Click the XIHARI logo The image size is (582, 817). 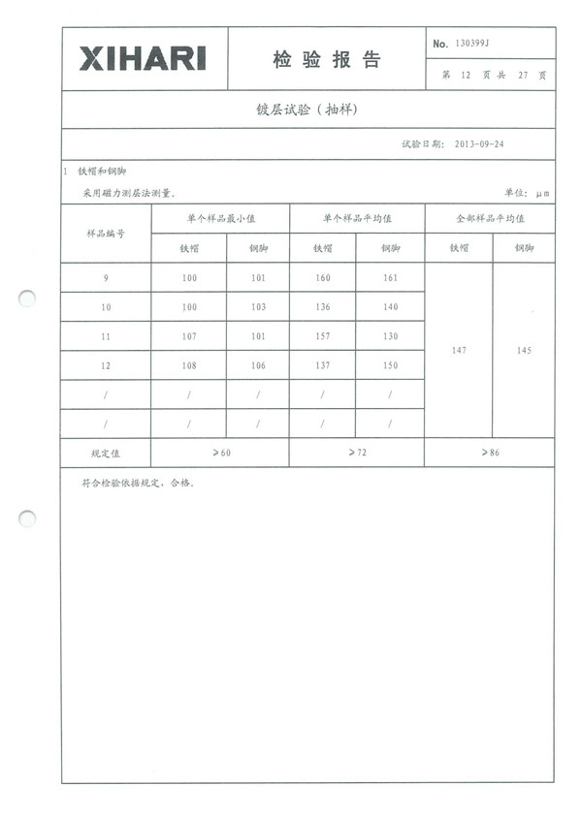point(143,59)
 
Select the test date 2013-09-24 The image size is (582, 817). point(479,143)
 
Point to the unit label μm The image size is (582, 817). point(542,194)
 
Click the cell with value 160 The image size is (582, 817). point(322,278)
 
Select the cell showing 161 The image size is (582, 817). point(390,278)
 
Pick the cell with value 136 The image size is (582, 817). point(322,307)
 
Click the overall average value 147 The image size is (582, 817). point(460,351)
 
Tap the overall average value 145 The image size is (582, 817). point(525,351)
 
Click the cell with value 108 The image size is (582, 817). point(189,365)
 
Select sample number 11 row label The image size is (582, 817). point(106,336)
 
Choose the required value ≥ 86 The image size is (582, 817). point(490,453)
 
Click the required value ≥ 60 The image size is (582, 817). point(220,453)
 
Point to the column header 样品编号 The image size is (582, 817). point(106,234)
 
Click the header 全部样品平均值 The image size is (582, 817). point(490,219)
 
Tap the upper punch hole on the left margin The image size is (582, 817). point(27,299)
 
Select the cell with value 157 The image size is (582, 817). point(322,336)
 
